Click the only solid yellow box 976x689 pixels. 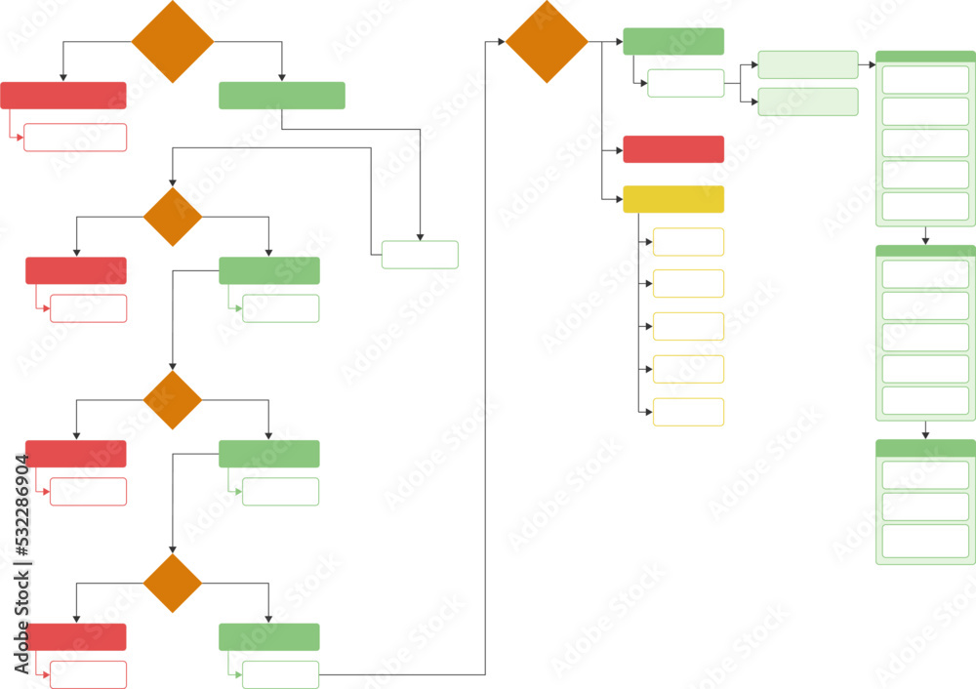click(x=673, y=199)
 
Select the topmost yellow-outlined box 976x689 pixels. click(x=688, y=242)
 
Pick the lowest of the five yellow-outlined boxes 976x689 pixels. click(x=688, y=412)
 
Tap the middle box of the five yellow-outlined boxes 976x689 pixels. click(x=688, y=327)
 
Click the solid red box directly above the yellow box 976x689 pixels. click(x=673, y=149)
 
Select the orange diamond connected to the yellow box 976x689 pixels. click(x=547, y=42)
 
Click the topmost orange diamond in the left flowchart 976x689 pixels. click(x=173, y=42)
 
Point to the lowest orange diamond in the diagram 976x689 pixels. click(x=173, y=584)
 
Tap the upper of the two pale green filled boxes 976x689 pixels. click(x=807, y=64)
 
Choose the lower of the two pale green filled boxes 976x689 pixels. click(x=807, y=102)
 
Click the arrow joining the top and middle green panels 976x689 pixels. click(x=925, y=235)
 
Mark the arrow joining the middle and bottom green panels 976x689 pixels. click(x=925, y=429)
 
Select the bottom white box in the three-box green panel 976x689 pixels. click(x=925, y=541)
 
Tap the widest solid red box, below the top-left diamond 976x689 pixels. click(x=63, y=96)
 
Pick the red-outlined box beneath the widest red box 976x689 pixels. click(x=75, y=138)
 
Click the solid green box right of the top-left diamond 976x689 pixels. click(x=282, y=96)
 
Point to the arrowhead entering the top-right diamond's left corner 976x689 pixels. click(x=501, y=42)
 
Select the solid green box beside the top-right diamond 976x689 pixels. click(x=673, y=42)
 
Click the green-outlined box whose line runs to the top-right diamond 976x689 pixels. click(x=281, y=674)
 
